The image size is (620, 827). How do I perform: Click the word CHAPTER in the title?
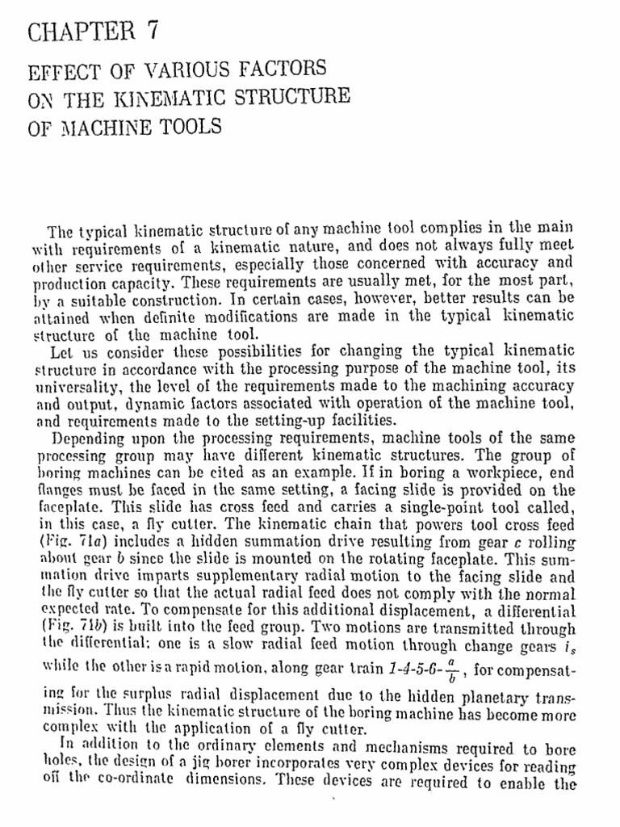tap(79, 31)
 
